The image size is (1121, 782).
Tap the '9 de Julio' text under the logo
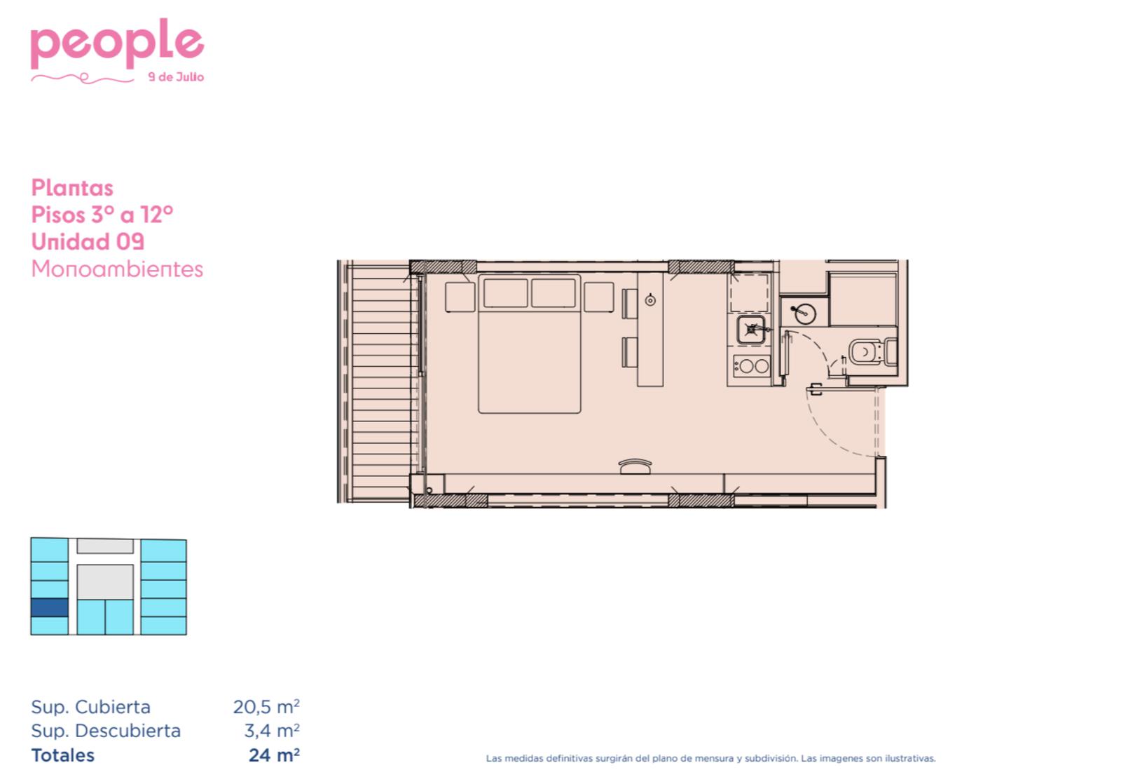176,77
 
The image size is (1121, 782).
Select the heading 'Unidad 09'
88,242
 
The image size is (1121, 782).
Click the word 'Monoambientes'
117,269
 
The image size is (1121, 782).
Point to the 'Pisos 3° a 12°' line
102,215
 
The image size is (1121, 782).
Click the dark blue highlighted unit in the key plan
50,607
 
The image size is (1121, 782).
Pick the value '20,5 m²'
266,707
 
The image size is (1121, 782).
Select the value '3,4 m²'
272,731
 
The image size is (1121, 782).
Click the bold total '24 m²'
274,755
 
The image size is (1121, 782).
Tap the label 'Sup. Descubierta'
106,731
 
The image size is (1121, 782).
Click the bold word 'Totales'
62,755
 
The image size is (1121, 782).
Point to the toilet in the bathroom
873,352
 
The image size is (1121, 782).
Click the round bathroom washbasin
804,314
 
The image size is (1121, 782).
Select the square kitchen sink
751,329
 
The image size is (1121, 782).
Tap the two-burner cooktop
751,365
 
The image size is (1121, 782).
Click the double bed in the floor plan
530,344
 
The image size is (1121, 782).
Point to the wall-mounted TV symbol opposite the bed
635,466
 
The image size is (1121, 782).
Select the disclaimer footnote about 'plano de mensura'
710,758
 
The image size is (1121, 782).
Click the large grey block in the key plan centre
105,581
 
